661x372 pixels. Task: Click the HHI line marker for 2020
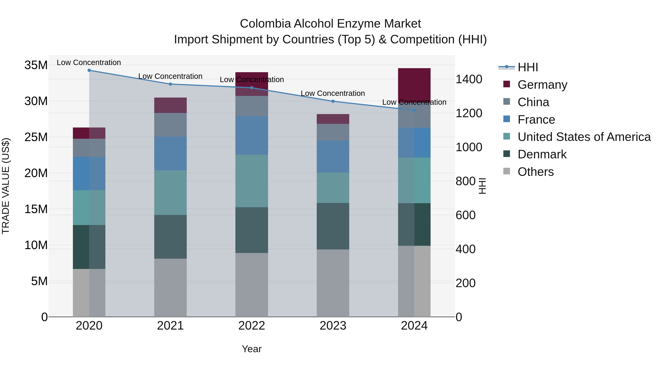(x=89, y=70)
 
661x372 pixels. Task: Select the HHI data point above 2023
(x=333, y=101)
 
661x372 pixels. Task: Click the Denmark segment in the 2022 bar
(x=252, y=230)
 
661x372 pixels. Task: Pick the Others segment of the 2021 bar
(x=170, y=287)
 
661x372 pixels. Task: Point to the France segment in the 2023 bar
(x=333, y=157)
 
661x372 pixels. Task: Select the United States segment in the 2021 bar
(x=170, y=193)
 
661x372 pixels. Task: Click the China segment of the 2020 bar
(x=89, y=148)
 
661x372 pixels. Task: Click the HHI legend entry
(x=527, y=67)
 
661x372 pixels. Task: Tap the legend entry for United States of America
(x=584, y=137)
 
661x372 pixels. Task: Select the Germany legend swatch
(x=507, y=84)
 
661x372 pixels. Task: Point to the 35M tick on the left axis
(x=36, y=65)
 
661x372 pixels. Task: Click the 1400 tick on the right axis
(x=469, y=79)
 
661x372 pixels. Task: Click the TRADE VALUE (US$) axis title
(x=6, y=186)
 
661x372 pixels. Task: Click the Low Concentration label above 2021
(x=170, y=76)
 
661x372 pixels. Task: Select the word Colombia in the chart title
(x=265, y=24)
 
